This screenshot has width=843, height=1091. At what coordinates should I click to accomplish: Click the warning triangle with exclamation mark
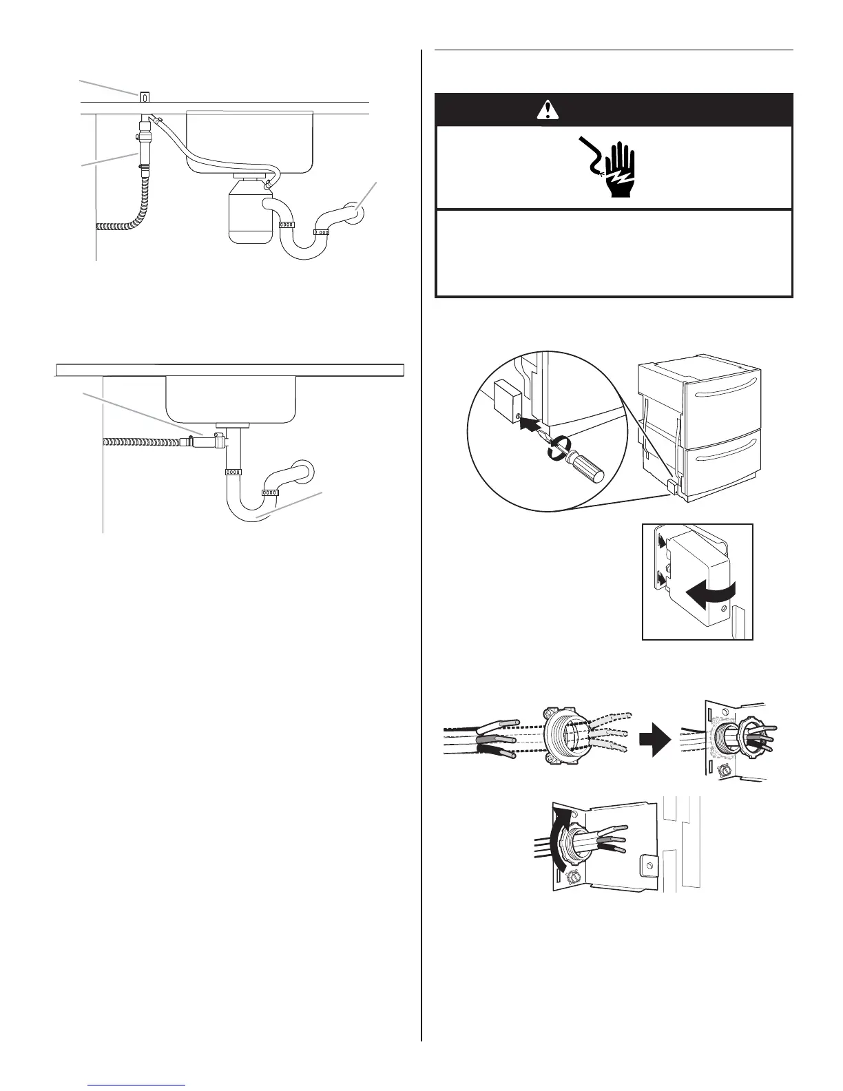click(548, 110)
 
